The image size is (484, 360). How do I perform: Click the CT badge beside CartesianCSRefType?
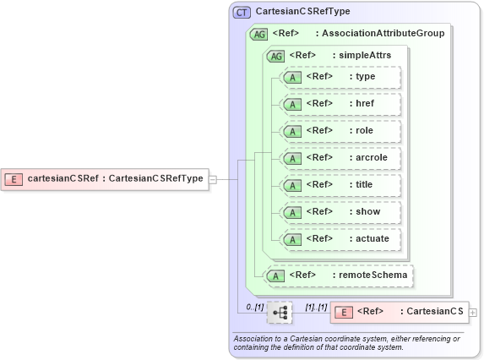(x=242, y=12)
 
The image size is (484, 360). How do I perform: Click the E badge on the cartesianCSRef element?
(x=14, y=178)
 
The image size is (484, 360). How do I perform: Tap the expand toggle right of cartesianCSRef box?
(x=213, y=179)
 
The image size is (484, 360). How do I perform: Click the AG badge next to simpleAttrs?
(x=275, y=56)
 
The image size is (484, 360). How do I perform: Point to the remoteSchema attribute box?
(x=340, y=275)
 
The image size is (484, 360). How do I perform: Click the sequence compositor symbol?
(x=280, y=313)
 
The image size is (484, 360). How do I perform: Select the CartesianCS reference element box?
(x=399, y=312)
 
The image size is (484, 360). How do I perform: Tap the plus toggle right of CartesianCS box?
(x=473, y=313)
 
